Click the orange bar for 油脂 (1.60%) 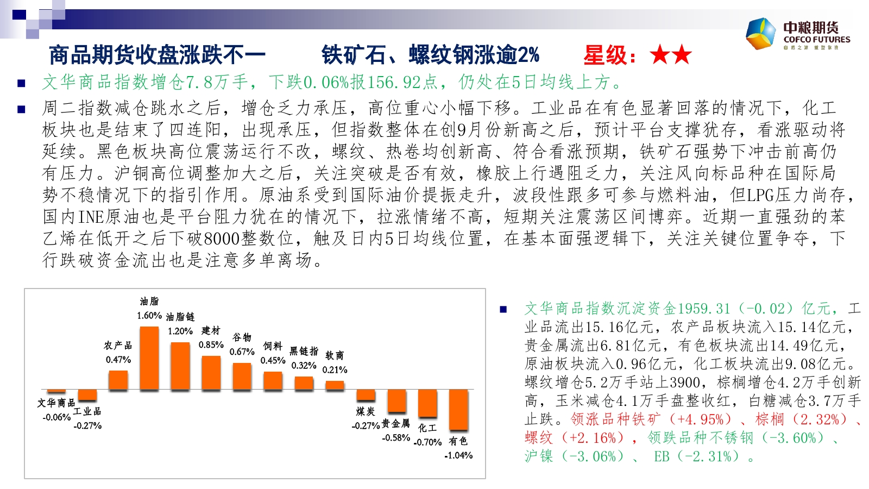[x=149, y=358]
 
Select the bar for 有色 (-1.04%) [x=459, y=410]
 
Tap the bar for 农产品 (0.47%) [x=118, y=380]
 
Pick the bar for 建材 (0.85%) [x=211, y=373]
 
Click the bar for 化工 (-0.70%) [x=427, y=403]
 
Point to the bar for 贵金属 [x=397, y=401]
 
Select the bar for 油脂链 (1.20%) [x=180, y=366]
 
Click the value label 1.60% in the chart [x=149, y=316]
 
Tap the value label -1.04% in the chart [x=458, y=455]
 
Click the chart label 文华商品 [x=56, y=403]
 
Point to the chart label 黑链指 [x=304, y=352]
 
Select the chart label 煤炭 [x=366, y=411]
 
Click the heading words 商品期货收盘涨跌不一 [x=157, y=55]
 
